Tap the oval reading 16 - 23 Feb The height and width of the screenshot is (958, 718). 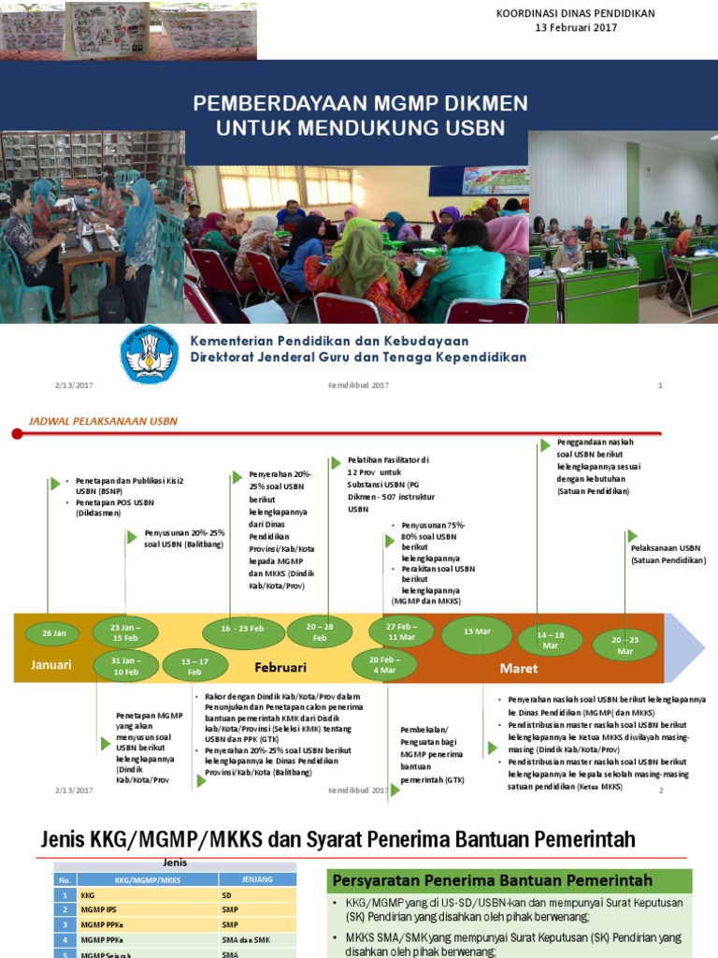(243, 631)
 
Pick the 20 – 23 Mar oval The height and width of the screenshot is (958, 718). (625, 645)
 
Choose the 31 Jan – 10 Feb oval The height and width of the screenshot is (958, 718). (126, 665)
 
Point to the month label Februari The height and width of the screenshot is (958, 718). (280, 668)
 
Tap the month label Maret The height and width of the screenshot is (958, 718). (519, 668)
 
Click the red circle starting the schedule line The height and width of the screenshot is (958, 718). (17, 433)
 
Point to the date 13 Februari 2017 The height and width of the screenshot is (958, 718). (575, 28)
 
